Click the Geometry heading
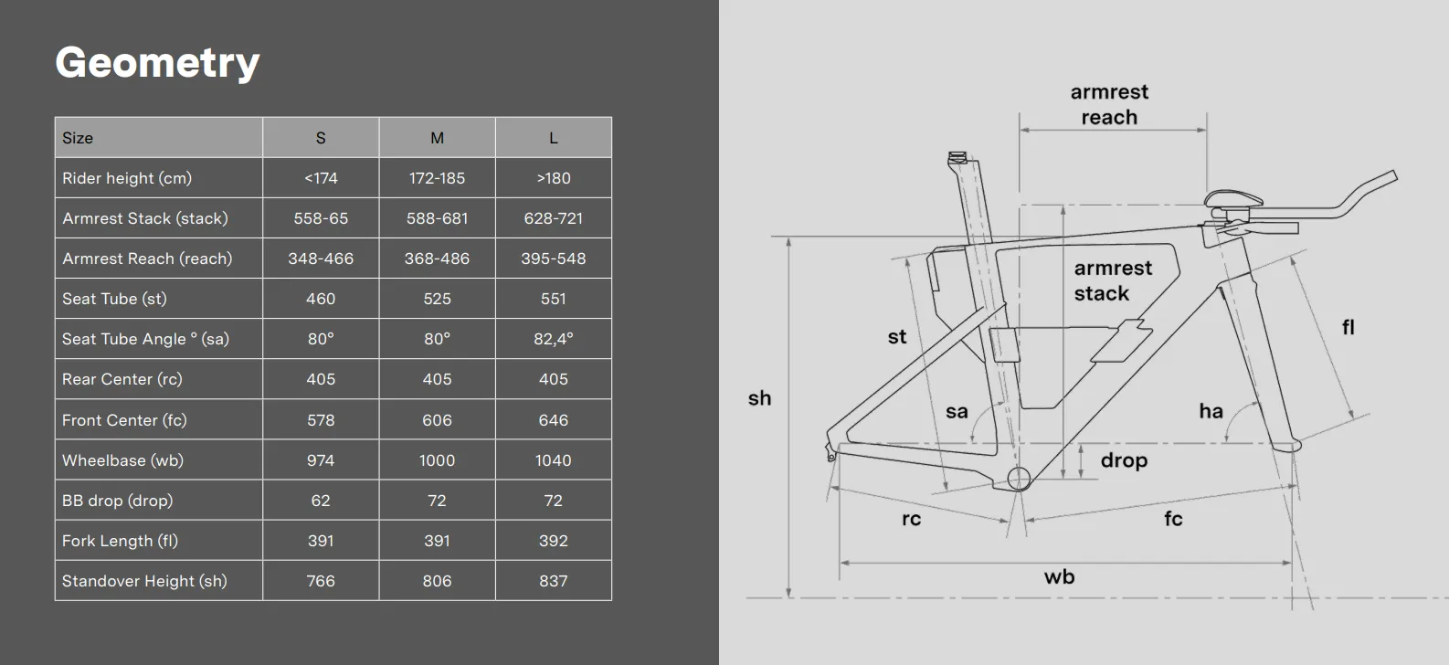157,63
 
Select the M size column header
438,138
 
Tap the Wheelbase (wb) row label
123,460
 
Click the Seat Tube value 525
438,299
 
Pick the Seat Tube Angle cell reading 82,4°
554,339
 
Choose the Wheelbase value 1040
554,460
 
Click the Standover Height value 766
321,581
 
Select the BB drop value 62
321,501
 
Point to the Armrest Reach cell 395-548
554,259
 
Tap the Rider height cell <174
321,178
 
